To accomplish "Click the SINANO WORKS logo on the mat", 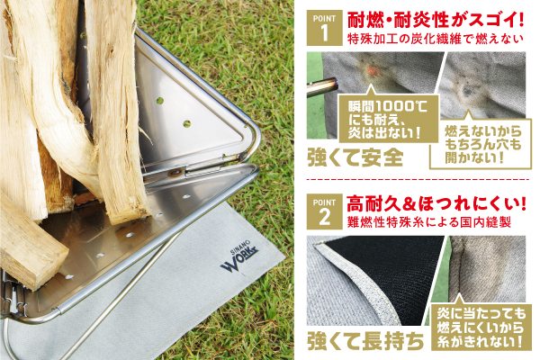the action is pyautogui.click(x=239, y=257).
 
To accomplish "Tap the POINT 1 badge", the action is pyautogui.click(x=324, y=28).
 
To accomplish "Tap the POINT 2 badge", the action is pyautogui.click(x=324, y=211).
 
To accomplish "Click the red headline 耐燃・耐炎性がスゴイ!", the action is pyautogui.click(x=436, y=19).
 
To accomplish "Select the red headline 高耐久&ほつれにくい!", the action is pyautogui.click(x=436, y=204).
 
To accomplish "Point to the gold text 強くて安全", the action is pyautogui.click(x=355, y=158).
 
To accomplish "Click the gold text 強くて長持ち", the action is pyautogui.click(x=365, y=341).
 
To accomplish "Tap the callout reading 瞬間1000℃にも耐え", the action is pyautogui.click(x=389, y=119).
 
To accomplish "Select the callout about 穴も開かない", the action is pyautogui.click(x=481, y=144).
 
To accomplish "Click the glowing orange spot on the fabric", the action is pyautogui.click(x=372, y=71).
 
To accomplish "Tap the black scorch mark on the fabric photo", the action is pyautogui.click(x=468, y=91).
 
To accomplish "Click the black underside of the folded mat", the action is pyautogui.click(x=387, y=272).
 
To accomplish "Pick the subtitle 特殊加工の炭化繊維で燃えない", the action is pyautogui.click(x=436, y=39).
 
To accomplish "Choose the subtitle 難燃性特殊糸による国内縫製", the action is pyautogui.click(x=429, y=222).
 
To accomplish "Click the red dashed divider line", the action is pyautogui.click(x=418, y=179).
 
